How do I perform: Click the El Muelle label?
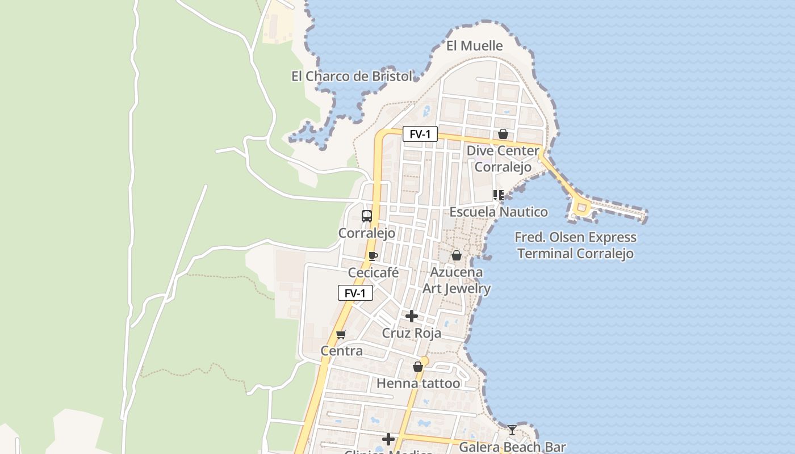[x=474, y=46]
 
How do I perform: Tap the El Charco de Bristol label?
[x=352, y=76]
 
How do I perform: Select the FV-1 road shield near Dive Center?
[x=420, y=134]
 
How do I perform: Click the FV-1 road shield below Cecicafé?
[x=355, y=293]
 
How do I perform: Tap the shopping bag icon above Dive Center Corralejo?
[x=503, y=134]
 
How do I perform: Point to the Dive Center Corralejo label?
[x=503, y=159]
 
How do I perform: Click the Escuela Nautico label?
[x=499, y=212]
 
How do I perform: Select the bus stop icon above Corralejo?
[x=367, y=216]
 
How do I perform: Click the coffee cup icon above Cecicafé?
[x=373, y=256]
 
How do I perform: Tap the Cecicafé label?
[x=373, y=273]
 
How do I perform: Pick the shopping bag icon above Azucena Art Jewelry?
[x=456, y=255]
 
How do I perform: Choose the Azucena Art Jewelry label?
[x=457, y=280]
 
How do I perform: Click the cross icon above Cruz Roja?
[x=412, y=316]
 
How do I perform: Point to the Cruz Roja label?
[x=411, y=333]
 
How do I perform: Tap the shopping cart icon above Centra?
[x=341, y=334]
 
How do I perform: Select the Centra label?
[x=341, y=351]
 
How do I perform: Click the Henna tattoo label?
[x=418, y=384]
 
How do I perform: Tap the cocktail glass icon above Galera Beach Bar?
[x=512, y=430]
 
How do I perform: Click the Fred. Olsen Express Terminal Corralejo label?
[x=575, y=245]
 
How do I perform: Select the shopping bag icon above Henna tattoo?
[x=418, y=367]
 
